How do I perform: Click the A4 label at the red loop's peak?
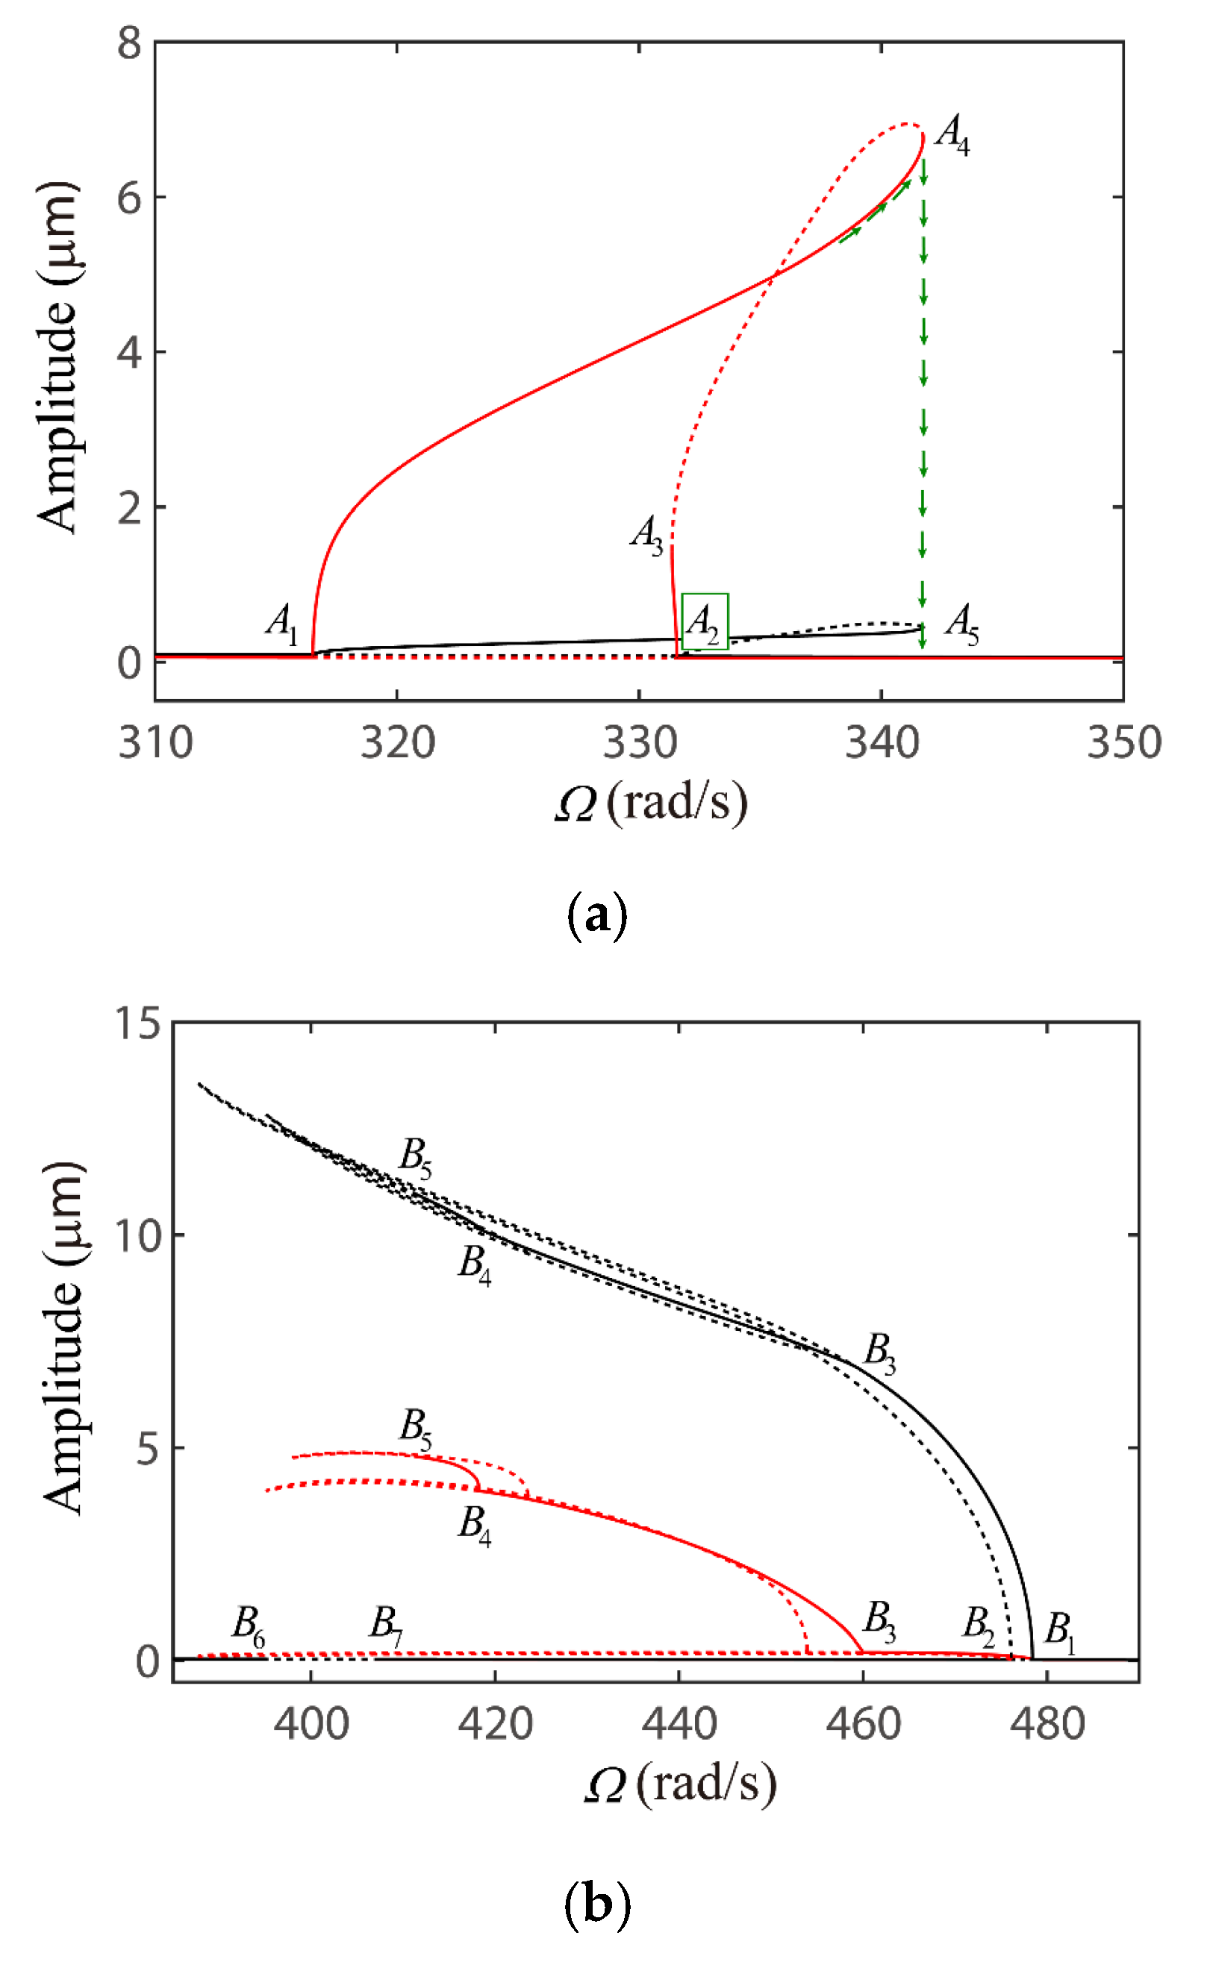[x=952, y=134]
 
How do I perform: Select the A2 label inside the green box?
[x=703, y=623]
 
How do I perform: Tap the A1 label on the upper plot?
[x=281, y=623]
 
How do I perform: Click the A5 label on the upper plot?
[x=961, y=623]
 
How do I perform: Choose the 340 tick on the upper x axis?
[x=882, y=743]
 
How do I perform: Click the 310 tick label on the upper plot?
[x=156, y=743]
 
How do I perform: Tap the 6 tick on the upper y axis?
[x=129, y=197]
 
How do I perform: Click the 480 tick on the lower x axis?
[x=1047, y=1725]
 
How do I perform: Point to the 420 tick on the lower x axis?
[x=496, y=1725]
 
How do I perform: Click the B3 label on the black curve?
[x=879, y=1352]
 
